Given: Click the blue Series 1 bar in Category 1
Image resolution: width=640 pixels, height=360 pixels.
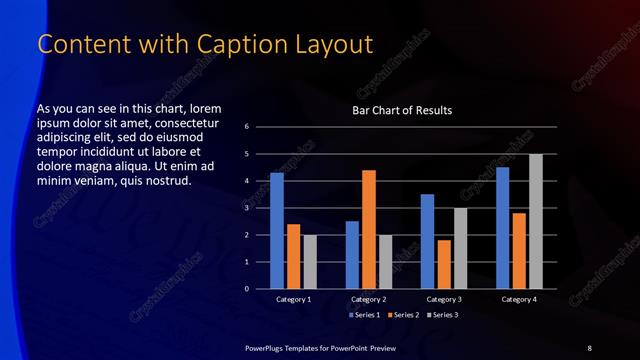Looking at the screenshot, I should (x=277, y=231).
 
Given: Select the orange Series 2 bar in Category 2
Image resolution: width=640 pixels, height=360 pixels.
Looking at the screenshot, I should (x=368, y=229).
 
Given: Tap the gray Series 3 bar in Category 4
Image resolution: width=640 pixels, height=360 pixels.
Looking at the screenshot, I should (x=535, y=221).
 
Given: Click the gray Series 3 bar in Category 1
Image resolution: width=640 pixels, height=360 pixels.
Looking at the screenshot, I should (x=309, y=262).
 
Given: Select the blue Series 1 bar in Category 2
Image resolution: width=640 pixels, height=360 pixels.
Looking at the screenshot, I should (x=352, y=255).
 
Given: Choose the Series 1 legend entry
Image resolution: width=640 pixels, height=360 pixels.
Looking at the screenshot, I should (x=366, y=315).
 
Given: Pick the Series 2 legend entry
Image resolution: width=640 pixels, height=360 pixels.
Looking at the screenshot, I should (x=402, y=315).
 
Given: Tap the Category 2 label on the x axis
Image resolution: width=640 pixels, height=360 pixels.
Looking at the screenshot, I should (x=368, y=299).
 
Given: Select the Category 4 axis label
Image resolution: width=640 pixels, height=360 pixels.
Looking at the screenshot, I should (x=518, y=299).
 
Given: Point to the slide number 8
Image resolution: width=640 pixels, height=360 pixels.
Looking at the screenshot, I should (x=589, y=347).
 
